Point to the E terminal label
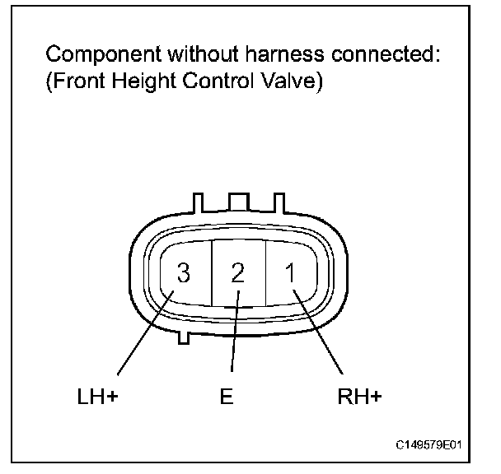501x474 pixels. tap(227, 397)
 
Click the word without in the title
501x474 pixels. tap(183, 56)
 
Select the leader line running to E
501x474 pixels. tap(234, 342)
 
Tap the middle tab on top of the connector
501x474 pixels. tap(237, 203)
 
